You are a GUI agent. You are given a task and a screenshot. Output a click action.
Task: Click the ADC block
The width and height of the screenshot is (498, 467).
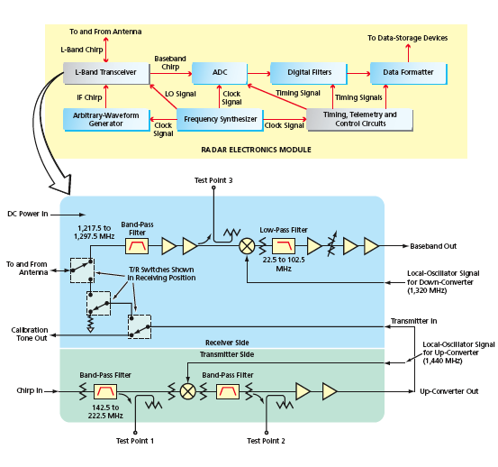[220, 73]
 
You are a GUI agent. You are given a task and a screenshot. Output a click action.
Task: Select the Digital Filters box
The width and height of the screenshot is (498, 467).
[309, 73]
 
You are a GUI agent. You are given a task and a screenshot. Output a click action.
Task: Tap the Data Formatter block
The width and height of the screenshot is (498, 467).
[409, 73]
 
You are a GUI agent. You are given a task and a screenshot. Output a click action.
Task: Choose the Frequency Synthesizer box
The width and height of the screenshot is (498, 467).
[220, 120]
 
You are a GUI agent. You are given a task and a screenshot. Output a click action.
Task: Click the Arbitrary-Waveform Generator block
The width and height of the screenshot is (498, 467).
[106, 120]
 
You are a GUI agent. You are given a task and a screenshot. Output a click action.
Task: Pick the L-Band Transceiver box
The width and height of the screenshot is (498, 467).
[106, 73]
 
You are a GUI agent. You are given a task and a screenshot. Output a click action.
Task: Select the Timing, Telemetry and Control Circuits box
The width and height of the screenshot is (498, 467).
[360, 120]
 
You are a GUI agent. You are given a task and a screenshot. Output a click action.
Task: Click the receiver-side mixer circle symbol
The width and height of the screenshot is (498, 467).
[247, 246]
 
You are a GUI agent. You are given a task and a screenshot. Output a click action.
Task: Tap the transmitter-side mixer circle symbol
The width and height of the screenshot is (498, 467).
[188, 391]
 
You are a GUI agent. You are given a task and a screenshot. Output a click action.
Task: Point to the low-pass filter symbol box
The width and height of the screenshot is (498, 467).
[284, 246]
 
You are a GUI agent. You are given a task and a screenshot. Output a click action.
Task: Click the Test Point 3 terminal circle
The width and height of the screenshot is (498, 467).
[213, 188]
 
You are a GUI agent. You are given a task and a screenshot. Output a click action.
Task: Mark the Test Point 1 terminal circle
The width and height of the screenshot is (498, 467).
[135, 433]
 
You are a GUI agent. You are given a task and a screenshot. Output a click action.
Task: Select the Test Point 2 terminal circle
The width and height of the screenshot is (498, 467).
[267, 433]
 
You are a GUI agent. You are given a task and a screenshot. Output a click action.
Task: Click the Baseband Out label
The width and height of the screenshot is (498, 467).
[433, 246]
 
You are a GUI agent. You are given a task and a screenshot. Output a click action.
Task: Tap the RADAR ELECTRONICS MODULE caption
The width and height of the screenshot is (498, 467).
[256, 150]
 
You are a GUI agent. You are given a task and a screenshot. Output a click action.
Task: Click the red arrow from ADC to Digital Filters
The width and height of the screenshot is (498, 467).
[258, 74]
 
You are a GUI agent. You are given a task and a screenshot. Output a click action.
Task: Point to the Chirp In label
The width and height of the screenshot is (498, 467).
[30, 390]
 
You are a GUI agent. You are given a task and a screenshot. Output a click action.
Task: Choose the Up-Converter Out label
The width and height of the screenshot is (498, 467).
[449, 391]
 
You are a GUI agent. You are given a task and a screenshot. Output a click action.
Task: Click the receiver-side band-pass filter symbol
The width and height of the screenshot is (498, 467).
[137, 246]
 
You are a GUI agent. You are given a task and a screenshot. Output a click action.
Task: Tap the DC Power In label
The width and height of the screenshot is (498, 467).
[28, 214]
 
